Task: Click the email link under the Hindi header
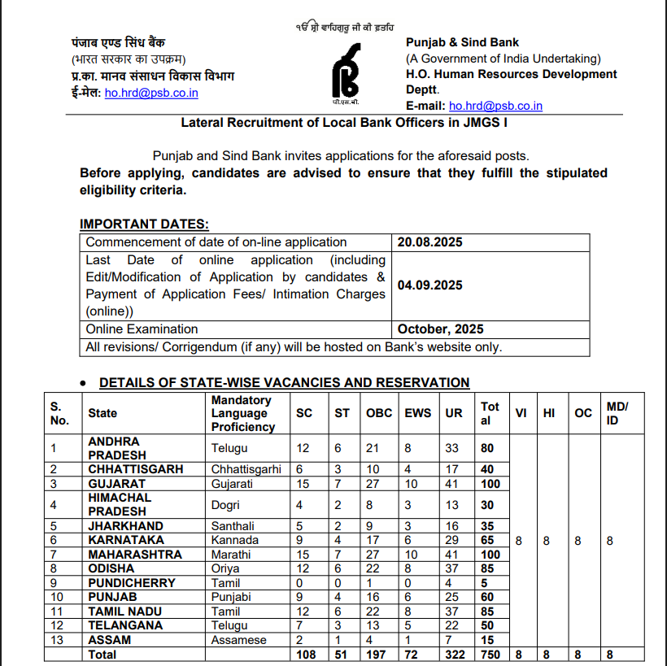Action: [x=151, y=93]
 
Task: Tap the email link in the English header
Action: [x=495, y=106]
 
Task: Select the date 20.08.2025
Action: [x=430, y=242]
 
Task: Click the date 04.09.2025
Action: [x=430, y=285]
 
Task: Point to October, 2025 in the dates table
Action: [x=440, y=329]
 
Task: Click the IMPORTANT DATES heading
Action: [x=144, y=224]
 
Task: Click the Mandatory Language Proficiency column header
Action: [x=242, y=413]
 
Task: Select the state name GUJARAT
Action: [x=116, y=483]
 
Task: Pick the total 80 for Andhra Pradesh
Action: [x=487, y=447]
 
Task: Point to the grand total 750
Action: [x=490, y=654]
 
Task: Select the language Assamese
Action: [x=238, y=640]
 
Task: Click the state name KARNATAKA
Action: [x=125, y=540]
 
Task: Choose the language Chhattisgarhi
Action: [x=246, y=469]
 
